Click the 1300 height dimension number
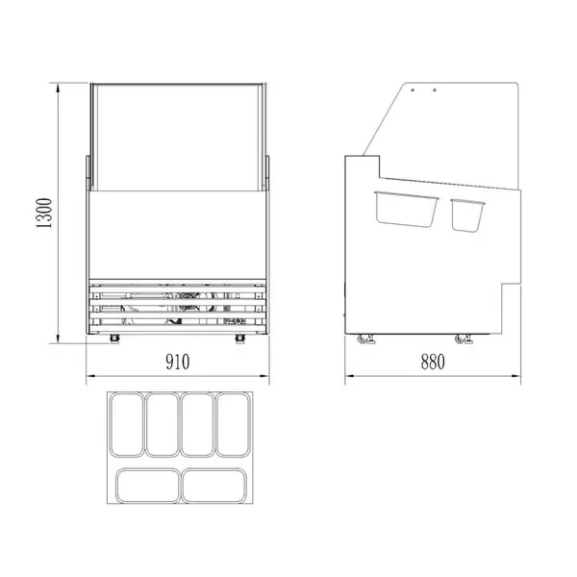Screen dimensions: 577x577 (43, 213)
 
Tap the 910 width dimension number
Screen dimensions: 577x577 (176, 362)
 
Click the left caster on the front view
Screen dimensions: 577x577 (115, 339)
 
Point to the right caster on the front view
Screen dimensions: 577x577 (239, 339)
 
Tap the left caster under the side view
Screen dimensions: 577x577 (366, 339)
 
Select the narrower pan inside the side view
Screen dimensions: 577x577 (466, 213)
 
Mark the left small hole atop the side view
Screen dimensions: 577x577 (414, 91)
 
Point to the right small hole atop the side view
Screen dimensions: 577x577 (435, 91)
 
